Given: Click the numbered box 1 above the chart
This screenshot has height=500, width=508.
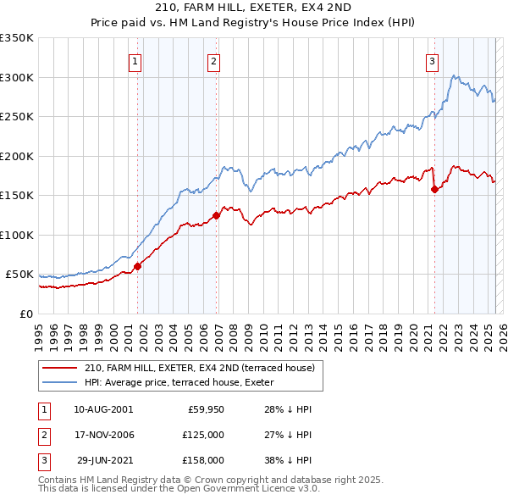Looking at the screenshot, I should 135,60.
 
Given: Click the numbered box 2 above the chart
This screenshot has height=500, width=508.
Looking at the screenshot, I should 214,60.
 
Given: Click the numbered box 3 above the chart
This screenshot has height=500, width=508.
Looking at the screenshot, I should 432,60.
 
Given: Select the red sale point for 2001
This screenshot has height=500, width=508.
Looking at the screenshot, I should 137,266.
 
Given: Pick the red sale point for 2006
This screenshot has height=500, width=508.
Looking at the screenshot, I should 217,215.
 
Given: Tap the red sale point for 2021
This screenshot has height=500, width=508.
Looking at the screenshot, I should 435,189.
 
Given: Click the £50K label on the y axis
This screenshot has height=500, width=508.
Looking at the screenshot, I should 19,275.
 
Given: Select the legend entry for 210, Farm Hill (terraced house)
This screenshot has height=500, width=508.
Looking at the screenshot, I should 200,368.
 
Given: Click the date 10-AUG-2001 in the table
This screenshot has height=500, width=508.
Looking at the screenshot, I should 103,409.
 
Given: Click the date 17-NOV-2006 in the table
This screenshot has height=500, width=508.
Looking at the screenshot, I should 103,435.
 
